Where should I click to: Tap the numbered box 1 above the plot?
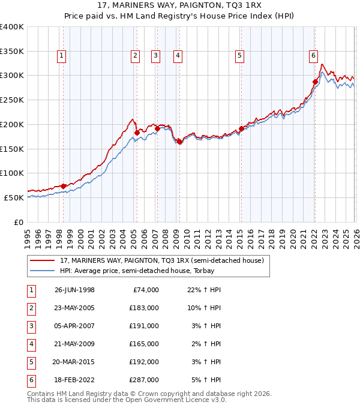click(x=62, y=56)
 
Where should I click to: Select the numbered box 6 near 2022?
click(x=313, y=56)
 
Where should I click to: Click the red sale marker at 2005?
click(x=137, y=132)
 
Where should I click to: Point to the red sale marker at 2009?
click(x=179, y=141)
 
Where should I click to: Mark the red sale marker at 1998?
click(x=64, y=186)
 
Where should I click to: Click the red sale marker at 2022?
click(x=315, y=82)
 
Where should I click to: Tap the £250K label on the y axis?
click(x=12, y=100)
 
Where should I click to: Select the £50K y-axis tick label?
click(x=14, y=197)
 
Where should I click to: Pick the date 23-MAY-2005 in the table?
click(x=74, y=308)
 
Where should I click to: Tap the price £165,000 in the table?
click(x=144, y=344)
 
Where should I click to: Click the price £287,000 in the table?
click(x=144, y=380)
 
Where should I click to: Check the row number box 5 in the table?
click(x=30, y=362)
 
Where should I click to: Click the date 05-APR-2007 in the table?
click(x=74, y=326)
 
